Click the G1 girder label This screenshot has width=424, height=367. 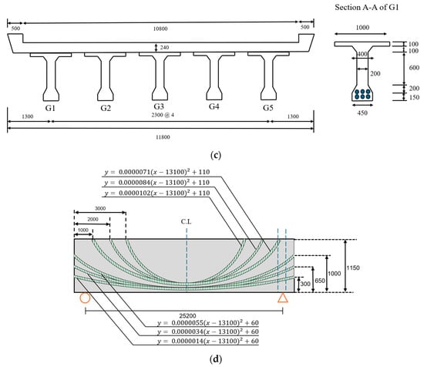coord(50,108)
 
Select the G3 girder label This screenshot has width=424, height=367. coord(159,106)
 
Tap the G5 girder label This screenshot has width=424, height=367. coord(268,108)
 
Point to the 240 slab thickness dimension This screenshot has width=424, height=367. coord(164,48)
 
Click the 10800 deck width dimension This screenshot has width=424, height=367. coord(160,29)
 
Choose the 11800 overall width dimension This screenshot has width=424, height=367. coord(163,137)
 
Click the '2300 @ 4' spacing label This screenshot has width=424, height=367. coord(163,115)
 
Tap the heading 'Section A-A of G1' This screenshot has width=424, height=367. coord(367,7)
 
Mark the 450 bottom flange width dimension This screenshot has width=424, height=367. coord(362,113)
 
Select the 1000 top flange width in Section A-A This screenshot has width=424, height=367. coord(362,27)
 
